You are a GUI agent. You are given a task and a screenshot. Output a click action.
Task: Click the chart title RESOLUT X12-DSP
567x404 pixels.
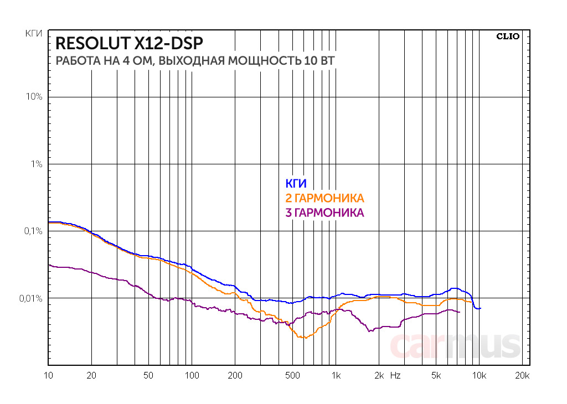[129, 43]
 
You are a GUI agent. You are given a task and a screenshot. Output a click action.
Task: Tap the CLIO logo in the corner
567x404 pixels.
[507, 37]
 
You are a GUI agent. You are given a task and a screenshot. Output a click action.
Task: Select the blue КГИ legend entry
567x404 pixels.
[296, 184]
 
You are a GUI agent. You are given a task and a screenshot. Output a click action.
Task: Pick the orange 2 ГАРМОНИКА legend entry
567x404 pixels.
[324, 199]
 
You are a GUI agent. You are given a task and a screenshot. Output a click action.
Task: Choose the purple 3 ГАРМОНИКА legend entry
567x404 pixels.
[324, 213]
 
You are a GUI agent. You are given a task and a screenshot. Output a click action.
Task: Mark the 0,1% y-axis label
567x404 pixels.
[33, 231]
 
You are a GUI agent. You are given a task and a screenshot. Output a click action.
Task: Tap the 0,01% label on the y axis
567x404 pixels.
[31, 299]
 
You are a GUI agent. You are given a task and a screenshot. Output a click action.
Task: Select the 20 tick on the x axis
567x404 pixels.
[92, 375]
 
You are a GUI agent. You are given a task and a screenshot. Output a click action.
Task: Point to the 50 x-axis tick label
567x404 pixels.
[148, 375]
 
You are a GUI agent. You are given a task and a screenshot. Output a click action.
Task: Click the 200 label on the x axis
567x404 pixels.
[235, 375]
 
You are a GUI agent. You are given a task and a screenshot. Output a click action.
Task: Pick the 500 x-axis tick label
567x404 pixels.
[292, 375]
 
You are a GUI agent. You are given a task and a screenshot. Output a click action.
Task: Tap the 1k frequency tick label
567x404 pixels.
[336, 375]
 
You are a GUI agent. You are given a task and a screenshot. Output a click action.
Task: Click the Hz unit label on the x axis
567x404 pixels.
[395, 375]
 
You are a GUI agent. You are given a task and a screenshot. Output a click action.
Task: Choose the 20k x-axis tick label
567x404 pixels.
[522, 375]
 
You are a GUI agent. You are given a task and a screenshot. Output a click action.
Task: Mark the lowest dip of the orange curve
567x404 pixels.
[303, 337]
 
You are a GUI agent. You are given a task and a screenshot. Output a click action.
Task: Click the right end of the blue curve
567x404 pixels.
[481, 308]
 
